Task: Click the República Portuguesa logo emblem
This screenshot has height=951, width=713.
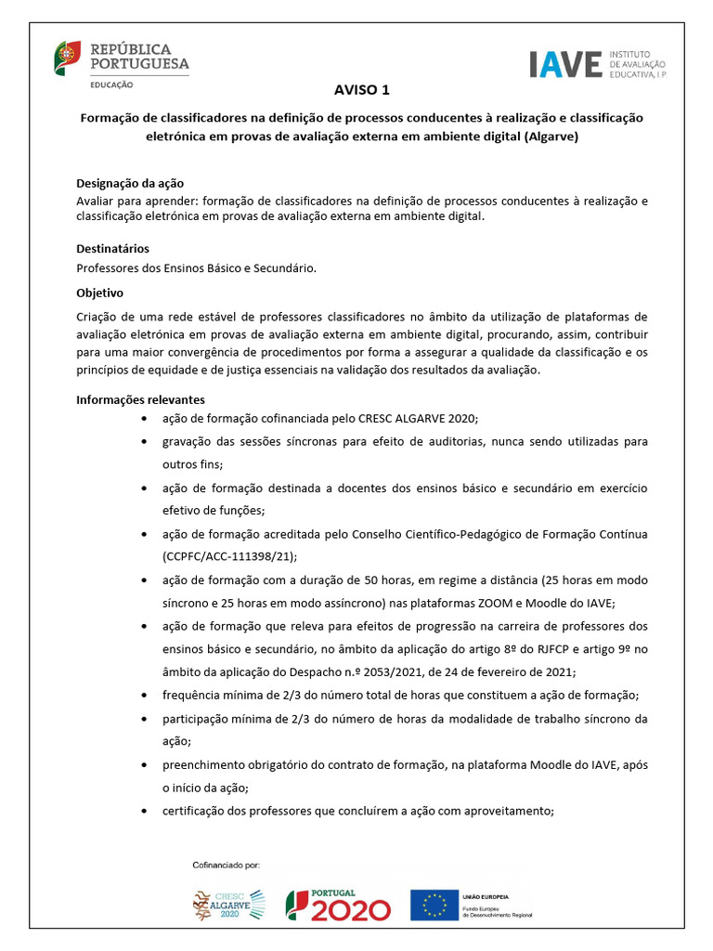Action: point(67,57)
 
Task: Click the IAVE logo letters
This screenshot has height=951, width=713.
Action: point(564,64)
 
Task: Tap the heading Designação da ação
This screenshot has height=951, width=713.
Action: point(136,184)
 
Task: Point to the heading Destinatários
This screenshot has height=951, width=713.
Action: point(112,249)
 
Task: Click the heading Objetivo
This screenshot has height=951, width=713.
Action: point(99,293)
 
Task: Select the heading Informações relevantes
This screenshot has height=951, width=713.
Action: point(140,399)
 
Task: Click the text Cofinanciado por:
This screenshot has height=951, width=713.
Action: point(227,864)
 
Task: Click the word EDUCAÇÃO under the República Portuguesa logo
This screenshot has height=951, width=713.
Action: point(111,85)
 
